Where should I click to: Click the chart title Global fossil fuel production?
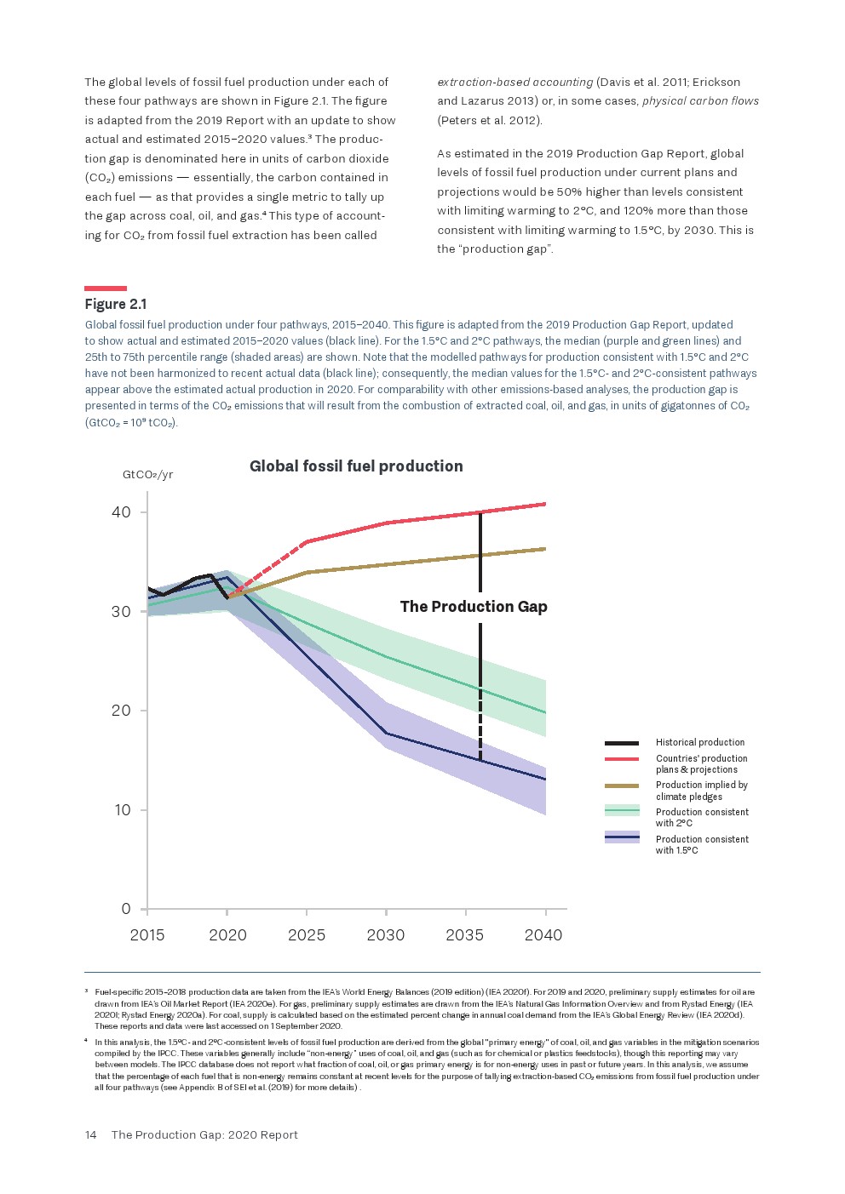[x=356, y=466]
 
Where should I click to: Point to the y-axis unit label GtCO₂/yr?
[x=148, y=475]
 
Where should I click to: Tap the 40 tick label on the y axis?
[x=121, y=512]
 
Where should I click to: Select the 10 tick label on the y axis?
[x=123, y=810]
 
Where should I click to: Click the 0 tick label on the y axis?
[x=126, y=909]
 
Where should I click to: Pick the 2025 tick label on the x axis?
[x=307, y=935]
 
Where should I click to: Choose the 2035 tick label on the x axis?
[x=464, y=935]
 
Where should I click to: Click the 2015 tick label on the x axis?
[x=147, y=935]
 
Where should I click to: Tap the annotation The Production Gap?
[x=474, y=607]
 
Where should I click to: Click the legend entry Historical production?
[x=699, y=743]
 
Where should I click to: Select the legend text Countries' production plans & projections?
[x=701, y=764]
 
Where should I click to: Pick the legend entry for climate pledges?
[x=701, y=791]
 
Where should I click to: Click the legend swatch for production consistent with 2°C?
[x=622, y=811]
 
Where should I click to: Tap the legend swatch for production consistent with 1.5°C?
[x=622, y=838]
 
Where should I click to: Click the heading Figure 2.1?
[x=116, y=305]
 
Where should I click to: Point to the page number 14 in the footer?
[x=90, y=1135]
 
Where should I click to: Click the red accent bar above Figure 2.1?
[x=106, y=289]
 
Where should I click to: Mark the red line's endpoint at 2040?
[x=544, y=504]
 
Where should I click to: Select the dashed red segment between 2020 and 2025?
[x=267, y=568]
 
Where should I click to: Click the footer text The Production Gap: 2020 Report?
[x=204, y=1135]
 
